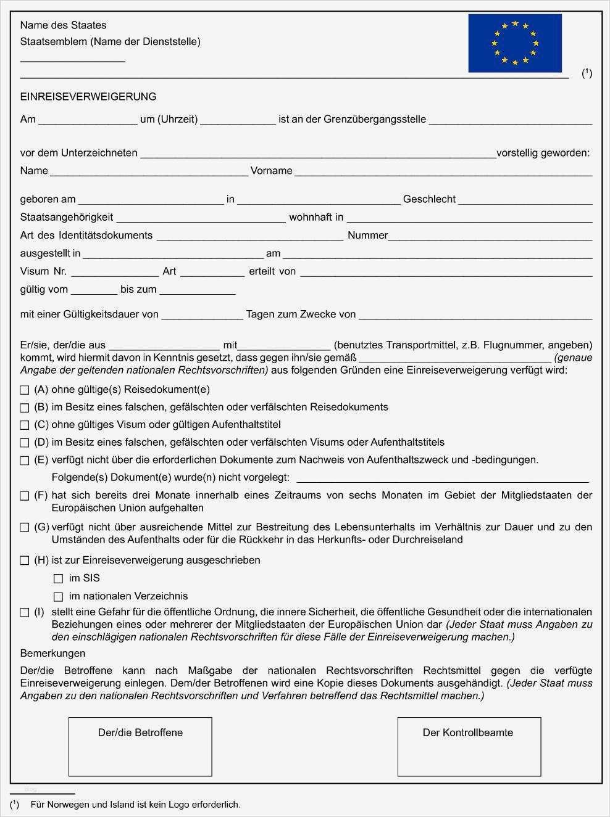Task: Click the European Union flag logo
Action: coord(514,43)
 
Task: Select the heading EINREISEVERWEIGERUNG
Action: coord(88,97)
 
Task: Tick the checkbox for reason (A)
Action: coord(25,390)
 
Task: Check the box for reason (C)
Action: coord(25,425)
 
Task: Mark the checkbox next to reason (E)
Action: coord(25,461)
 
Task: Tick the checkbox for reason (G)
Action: coord(25,528)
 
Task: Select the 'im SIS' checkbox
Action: coord(59,579)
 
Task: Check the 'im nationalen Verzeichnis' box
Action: coord(59,597)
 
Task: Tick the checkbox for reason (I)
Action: coord(25,613)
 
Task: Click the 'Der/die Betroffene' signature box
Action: coord(140,746)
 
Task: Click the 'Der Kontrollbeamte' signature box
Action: coord(469,746)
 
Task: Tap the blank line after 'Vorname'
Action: coord(443,172)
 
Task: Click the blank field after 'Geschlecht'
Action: coord(525,200)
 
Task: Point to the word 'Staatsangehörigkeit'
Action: coord(67,217)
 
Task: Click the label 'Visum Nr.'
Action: coord(43,271)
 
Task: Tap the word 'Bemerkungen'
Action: coord(53,653)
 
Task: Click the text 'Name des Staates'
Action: coord(63,25)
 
